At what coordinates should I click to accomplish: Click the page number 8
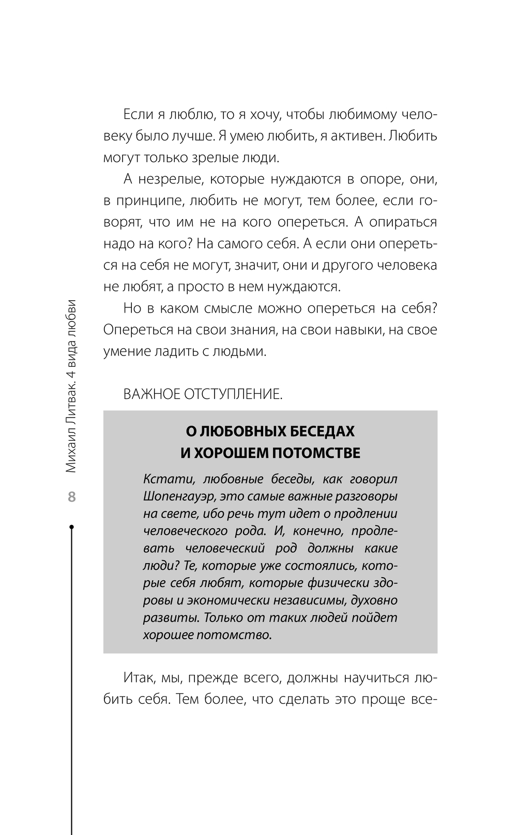click(x=71, y=497)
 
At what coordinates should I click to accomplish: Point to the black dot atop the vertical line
click(x=71, y=527)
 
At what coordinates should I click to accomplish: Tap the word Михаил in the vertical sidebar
click(x=71, y=446)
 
